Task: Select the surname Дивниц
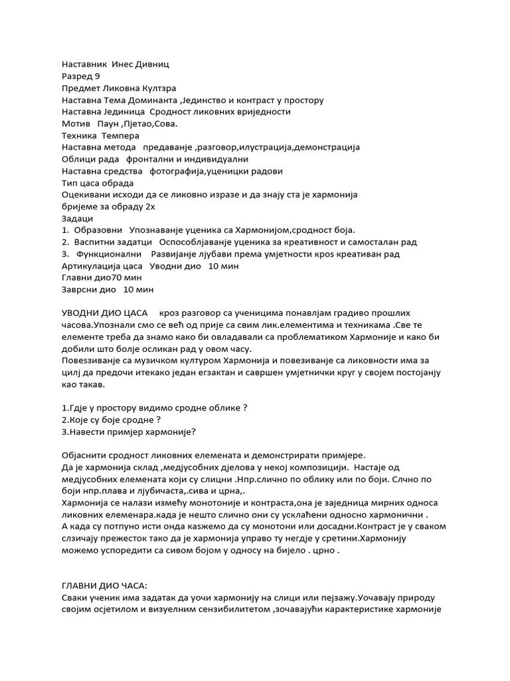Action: pyautogui.click(x=152, y=65)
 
